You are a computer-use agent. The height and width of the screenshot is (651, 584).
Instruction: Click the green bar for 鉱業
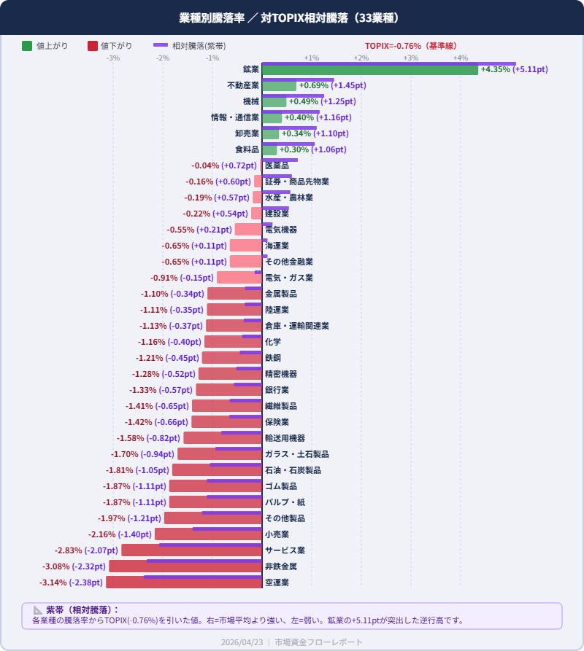(x=370, y=70)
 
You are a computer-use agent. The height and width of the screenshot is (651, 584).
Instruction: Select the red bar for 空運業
(x=184, y=582)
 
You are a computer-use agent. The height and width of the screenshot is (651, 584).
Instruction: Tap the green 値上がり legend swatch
(x=27, y=46)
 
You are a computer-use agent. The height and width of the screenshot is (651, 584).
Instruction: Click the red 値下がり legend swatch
(x=92, y=46)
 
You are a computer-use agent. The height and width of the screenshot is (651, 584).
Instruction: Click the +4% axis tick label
(x=461, y=58)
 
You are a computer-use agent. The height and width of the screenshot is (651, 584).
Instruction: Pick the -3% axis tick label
(x=113, y=58)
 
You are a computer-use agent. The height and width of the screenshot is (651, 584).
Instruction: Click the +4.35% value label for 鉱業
(x=496, y=70)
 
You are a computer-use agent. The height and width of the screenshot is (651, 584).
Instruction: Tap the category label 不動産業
(x=243, y=86)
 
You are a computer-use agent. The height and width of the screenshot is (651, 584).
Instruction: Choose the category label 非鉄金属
(x=281, y=566)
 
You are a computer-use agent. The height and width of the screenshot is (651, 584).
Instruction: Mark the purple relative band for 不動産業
(x=298, y=79)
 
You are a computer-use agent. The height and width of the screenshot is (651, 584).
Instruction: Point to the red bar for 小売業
(x=208, y=534)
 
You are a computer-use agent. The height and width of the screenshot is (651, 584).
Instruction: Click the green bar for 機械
(x=274, y=102)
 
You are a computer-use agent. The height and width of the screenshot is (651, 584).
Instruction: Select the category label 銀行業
(x=277, y=390)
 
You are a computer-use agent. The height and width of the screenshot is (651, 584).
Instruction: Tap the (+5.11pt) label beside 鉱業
(x=530, y=70)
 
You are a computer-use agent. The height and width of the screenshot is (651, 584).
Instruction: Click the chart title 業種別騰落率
(x=211, y=17)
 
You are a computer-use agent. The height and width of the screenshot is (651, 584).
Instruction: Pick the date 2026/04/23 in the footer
(x=242, y=642)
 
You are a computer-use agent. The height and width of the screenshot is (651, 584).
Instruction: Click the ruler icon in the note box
(x=38, y=610)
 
